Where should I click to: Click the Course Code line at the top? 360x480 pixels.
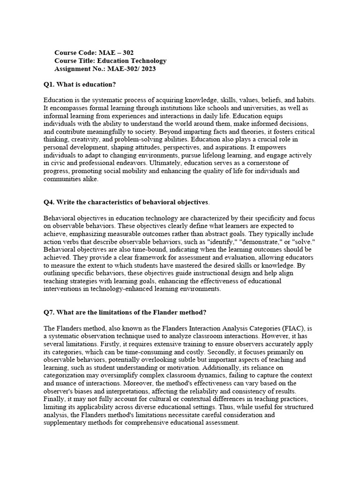pos(97,52)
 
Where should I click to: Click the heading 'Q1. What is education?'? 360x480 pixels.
pos(80,84)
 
